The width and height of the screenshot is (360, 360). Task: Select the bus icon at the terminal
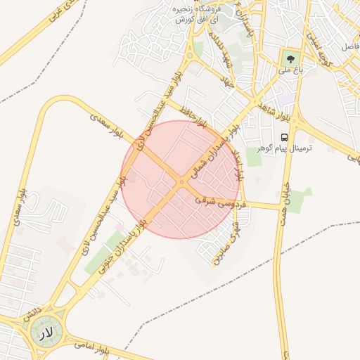284,137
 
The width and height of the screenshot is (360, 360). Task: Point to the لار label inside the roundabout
45,330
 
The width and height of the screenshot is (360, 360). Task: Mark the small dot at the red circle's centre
181,180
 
